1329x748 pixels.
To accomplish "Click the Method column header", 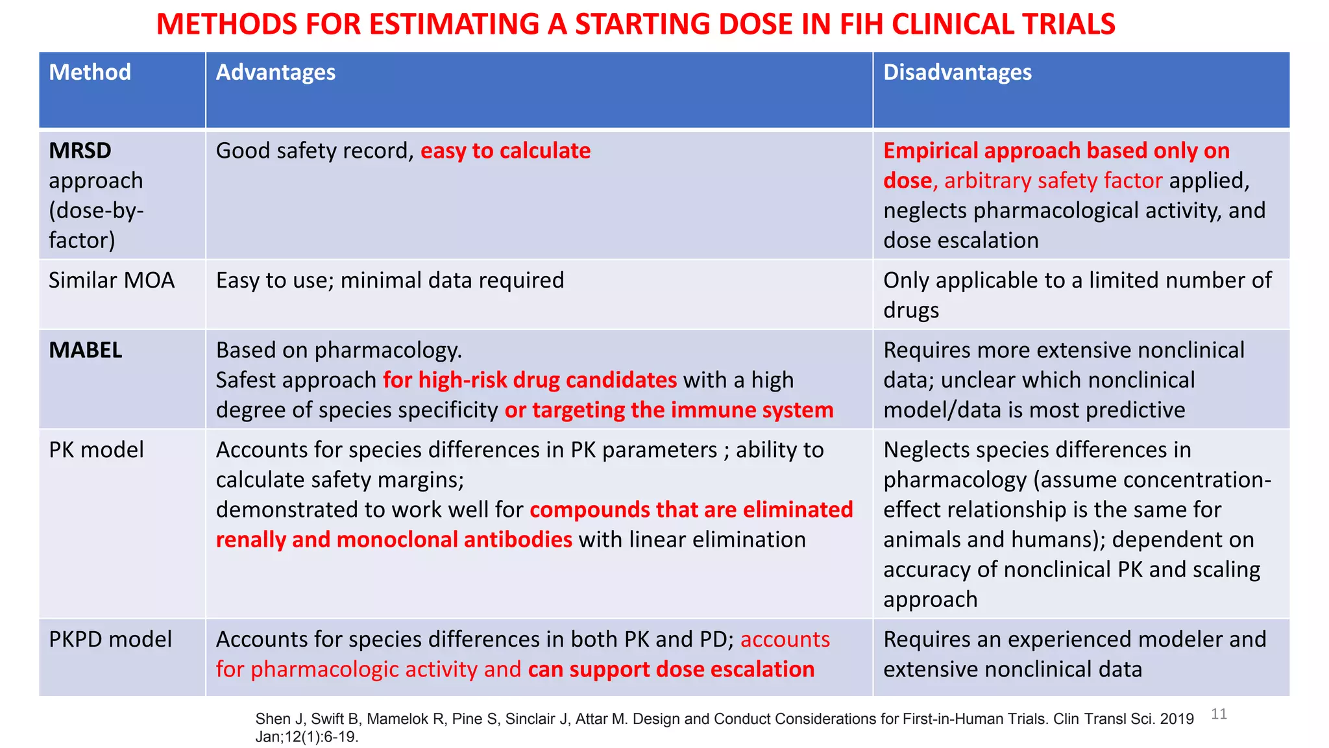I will click(90, 72).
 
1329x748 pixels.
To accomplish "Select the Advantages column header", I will click(275, 72).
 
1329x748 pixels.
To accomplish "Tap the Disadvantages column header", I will click(957, 72).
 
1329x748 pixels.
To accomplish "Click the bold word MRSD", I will click(80, 151).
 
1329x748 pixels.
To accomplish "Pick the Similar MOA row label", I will click(112, 280).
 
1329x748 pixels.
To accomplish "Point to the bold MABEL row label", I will click(86, 351).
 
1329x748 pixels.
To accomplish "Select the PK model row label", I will click(96, 450).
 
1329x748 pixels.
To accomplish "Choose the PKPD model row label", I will click(110, 640).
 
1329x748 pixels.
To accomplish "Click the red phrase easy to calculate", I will click(506, 151).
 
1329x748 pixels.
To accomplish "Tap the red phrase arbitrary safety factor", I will click(1053, 181).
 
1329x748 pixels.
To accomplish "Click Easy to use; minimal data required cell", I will click(390, 280).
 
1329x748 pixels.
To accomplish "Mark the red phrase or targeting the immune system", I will click(669, 410).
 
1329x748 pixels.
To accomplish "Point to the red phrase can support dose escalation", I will click(671, 669).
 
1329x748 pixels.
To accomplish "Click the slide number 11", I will click(1219, 714).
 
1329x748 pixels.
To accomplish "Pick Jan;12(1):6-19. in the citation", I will click(306, 737).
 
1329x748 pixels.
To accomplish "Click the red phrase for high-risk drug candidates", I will click(530, 380).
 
